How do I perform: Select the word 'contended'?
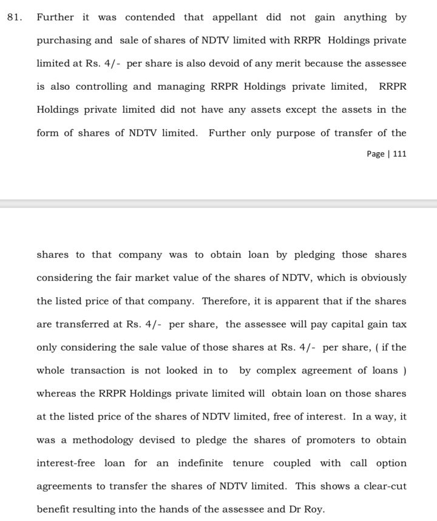(x=147, y=18)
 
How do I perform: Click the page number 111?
(x=399, y=154)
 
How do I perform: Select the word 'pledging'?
(x=316, y=255)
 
